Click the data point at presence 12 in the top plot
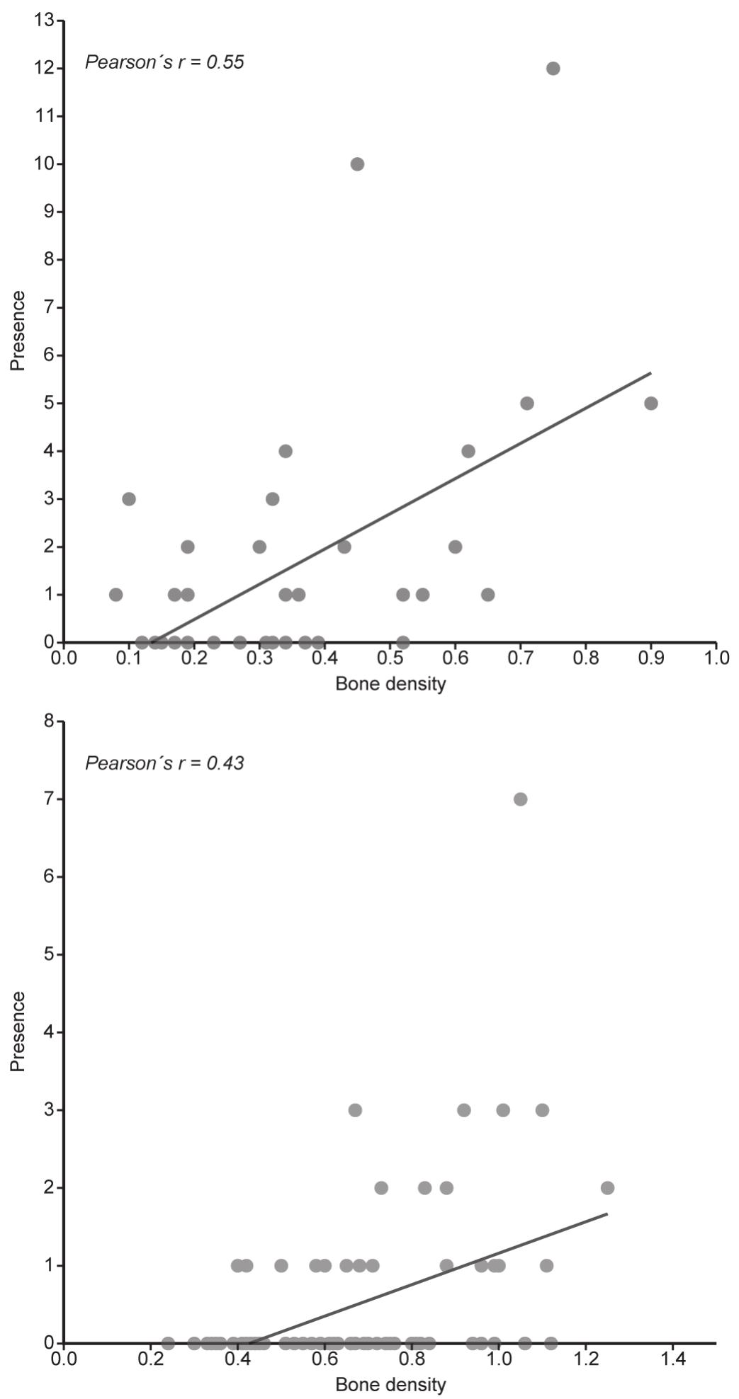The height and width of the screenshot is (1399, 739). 553,69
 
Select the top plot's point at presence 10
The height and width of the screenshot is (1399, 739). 358,164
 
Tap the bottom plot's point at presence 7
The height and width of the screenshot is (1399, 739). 520,799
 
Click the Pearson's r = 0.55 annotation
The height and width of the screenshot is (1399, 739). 164,62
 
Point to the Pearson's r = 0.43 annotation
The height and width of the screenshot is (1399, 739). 164,763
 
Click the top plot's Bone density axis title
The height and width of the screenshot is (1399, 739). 390,684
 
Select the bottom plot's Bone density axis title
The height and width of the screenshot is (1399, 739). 390,1384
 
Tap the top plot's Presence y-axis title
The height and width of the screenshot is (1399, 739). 18,331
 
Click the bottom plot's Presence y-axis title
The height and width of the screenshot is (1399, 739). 18,1032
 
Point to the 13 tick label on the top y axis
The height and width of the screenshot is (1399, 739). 44,21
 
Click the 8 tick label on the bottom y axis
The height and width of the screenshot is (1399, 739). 49,721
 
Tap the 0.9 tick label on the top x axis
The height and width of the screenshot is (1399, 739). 651,658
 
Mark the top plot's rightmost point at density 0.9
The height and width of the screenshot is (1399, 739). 651,404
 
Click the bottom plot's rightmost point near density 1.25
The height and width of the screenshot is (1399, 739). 607,1187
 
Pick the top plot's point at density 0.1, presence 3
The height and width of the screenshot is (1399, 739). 129,499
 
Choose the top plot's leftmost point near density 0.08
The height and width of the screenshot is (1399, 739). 116,595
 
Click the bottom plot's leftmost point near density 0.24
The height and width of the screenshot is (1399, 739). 168,1343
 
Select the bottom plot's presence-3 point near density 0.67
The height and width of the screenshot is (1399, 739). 355,1110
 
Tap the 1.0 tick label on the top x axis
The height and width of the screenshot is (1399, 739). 716,658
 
